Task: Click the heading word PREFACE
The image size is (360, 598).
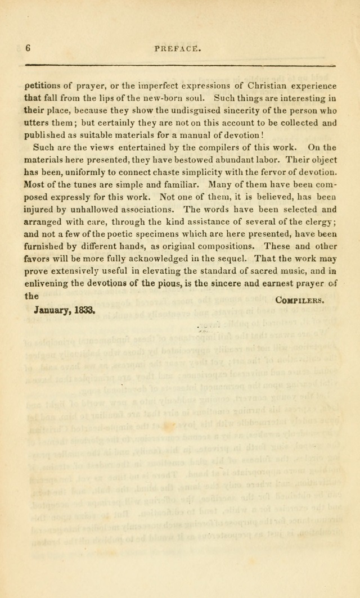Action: point(177,49)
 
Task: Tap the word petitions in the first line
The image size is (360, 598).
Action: point(43,86)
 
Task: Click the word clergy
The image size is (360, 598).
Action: point(317,221)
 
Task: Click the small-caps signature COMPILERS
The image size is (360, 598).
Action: point(299,300)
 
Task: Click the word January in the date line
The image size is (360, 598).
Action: point(51,310)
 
